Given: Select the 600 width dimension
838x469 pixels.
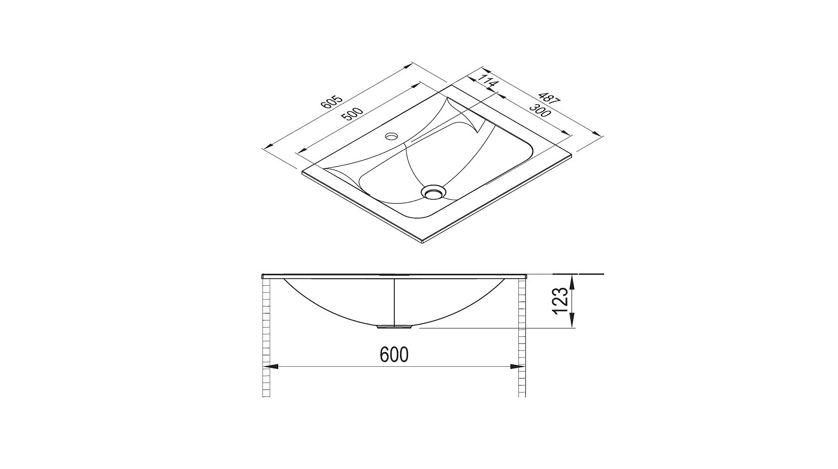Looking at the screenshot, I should point(394,354).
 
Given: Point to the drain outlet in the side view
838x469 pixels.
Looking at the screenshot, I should point(395,327).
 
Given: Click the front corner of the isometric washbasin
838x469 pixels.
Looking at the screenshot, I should point(422,242).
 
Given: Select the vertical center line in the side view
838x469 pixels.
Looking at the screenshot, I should point(395,301).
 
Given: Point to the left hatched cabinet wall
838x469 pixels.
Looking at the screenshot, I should point(266,335).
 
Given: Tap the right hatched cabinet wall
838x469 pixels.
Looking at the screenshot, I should point(522,335).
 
